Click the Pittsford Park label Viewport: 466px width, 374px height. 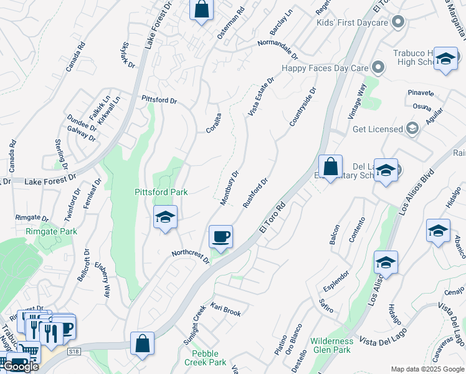[161, 192]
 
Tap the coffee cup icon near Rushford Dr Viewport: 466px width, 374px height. [221, 237]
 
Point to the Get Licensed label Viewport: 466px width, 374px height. [378, 129]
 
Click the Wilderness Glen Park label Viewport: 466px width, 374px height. [340, 345]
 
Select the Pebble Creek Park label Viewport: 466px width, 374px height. [205, 358]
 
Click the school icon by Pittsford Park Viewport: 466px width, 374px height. [165, 218]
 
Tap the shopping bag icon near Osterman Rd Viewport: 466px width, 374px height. [201, 10]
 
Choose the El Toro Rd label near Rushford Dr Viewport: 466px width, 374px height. [272, 218]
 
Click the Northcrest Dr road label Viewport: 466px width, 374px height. [191, 257]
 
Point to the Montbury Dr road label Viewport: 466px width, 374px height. [229, 188]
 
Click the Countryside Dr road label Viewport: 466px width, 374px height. [303, 107]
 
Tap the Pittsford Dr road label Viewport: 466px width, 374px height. [159, 100]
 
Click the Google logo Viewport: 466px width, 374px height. [21, 367]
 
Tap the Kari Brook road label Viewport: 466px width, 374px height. [226, 310]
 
